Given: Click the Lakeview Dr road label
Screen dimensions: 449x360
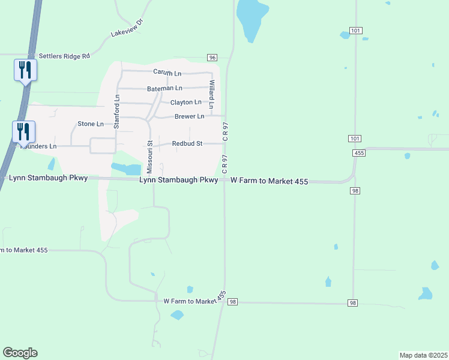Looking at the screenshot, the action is [128, 28].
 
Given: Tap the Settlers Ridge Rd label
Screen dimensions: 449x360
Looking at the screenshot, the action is [64, 56].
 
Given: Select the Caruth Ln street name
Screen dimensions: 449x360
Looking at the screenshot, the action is [167, 73].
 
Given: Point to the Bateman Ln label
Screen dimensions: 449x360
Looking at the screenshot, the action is [164, 88].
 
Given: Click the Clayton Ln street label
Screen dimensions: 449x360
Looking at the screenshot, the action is [185, 103].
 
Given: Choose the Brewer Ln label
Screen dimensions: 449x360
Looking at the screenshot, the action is [189, 116].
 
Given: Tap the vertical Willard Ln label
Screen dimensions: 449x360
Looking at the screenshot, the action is [211, 90].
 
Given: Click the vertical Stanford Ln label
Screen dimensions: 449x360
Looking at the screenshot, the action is [117, 112].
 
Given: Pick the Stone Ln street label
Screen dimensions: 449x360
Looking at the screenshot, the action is [91, 124].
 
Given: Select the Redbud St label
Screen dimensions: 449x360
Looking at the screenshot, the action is [188, 144].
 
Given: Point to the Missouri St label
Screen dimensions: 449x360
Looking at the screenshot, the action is [150, 157].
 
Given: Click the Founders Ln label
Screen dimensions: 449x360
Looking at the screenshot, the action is [40, 146].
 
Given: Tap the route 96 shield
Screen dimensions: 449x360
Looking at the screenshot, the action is [212, 57].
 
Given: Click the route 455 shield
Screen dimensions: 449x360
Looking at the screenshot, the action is [359, 154].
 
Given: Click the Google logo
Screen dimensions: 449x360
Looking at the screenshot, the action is [20, 353].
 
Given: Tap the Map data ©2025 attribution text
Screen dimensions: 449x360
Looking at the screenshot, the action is [423, 355].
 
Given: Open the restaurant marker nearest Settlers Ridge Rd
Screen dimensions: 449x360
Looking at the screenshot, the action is [25, 70].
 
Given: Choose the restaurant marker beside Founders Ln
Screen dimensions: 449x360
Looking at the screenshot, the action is [23, 131].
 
